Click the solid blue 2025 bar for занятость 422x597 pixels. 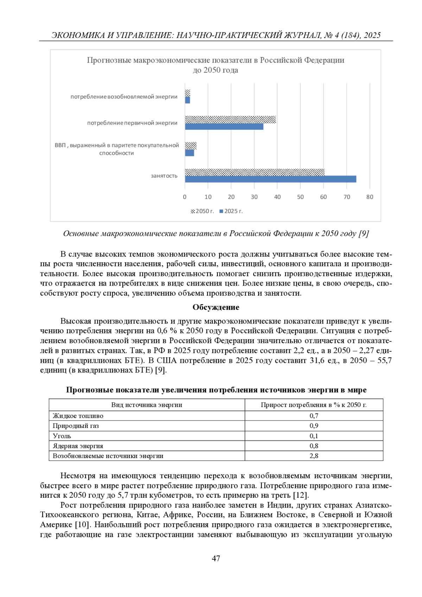tap(270, 179)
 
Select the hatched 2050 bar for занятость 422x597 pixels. tap(254, 172)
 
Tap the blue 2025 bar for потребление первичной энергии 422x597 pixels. tap(224, 127)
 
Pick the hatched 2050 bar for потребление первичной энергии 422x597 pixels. tap(230, 120)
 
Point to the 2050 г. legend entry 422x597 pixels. tap(203, 211)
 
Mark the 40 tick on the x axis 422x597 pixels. tap(277, 197)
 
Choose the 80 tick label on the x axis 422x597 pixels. tap(370, 197)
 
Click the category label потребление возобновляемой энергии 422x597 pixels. tap(124, 97)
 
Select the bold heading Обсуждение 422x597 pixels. tap(216, 307)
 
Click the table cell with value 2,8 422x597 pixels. tap(314, 456)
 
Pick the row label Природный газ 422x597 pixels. tap(76, 426)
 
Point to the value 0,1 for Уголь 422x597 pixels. tap(314, 436)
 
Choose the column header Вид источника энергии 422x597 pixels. tap(147, 405)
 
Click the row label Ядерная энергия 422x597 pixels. tap(78, 446)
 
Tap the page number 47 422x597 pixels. tap(216, 558)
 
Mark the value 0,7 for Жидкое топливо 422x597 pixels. tap(314, 416)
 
